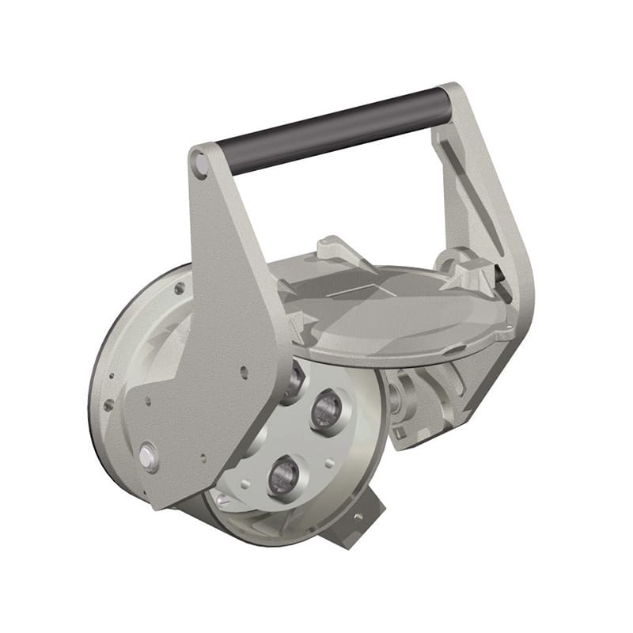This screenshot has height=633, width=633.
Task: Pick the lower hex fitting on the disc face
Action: click(x=282, y=475)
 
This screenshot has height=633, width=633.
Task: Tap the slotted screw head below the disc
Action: click(x=223, y=500)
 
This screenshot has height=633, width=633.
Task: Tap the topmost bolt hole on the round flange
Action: click(x=180, y=289)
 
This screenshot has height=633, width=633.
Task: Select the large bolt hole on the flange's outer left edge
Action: click(x=108, y=404)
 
